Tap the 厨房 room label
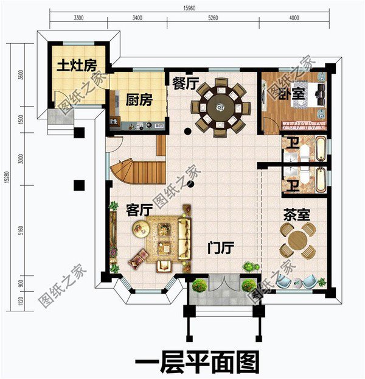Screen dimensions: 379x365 click(139, 99)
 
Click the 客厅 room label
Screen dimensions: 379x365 click(139, 210)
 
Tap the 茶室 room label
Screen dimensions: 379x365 click(297, 215)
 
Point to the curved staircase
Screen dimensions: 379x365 click(136, 171)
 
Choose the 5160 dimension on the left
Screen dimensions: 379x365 click(21, 232)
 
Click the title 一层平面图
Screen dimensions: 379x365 click(196, 362)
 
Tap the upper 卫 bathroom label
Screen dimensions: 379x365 click(293, 144)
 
